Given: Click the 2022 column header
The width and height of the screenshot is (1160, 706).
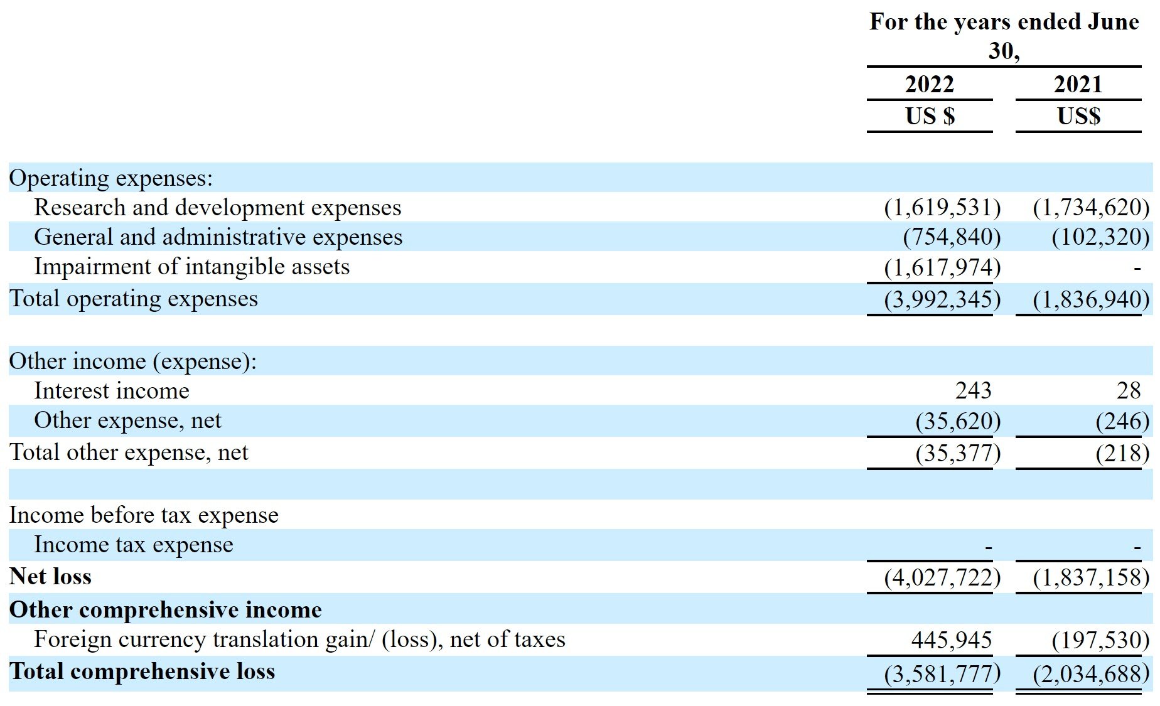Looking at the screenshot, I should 929,84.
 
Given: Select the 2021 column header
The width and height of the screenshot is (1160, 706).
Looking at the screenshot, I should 1078,84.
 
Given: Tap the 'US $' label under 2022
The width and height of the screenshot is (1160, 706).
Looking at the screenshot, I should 930,116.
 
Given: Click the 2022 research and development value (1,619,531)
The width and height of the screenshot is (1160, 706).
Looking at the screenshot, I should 942,207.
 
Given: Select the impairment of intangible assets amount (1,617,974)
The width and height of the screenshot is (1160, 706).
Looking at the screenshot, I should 942,267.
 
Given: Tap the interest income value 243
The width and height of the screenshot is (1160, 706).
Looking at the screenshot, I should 973,390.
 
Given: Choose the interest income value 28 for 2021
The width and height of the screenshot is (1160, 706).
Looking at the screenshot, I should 1128,390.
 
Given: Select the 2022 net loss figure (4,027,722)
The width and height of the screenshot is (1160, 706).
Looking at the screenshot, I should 942,577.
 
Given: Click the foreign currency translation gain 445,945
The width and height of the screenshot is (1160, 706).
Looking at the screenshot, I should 951,639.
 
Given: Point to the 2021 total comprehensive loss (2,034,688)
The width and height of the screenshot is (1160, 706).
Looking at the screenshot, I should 1091,673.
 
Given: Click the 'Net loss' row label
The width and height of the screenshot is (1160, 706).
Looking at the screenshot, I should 50,576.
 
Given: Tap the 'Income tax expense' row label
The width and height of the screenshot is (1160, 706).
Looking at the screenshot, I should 133,544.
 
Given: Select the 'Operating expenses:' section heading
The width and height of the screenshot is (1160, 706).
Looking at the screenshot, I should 111,178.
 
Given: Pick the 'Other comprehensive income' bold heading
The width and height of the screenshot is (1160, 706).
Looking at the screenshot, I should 165,609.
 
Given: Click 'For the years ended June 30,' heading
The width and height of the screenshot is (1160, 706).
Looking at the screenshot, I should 1004,35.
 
